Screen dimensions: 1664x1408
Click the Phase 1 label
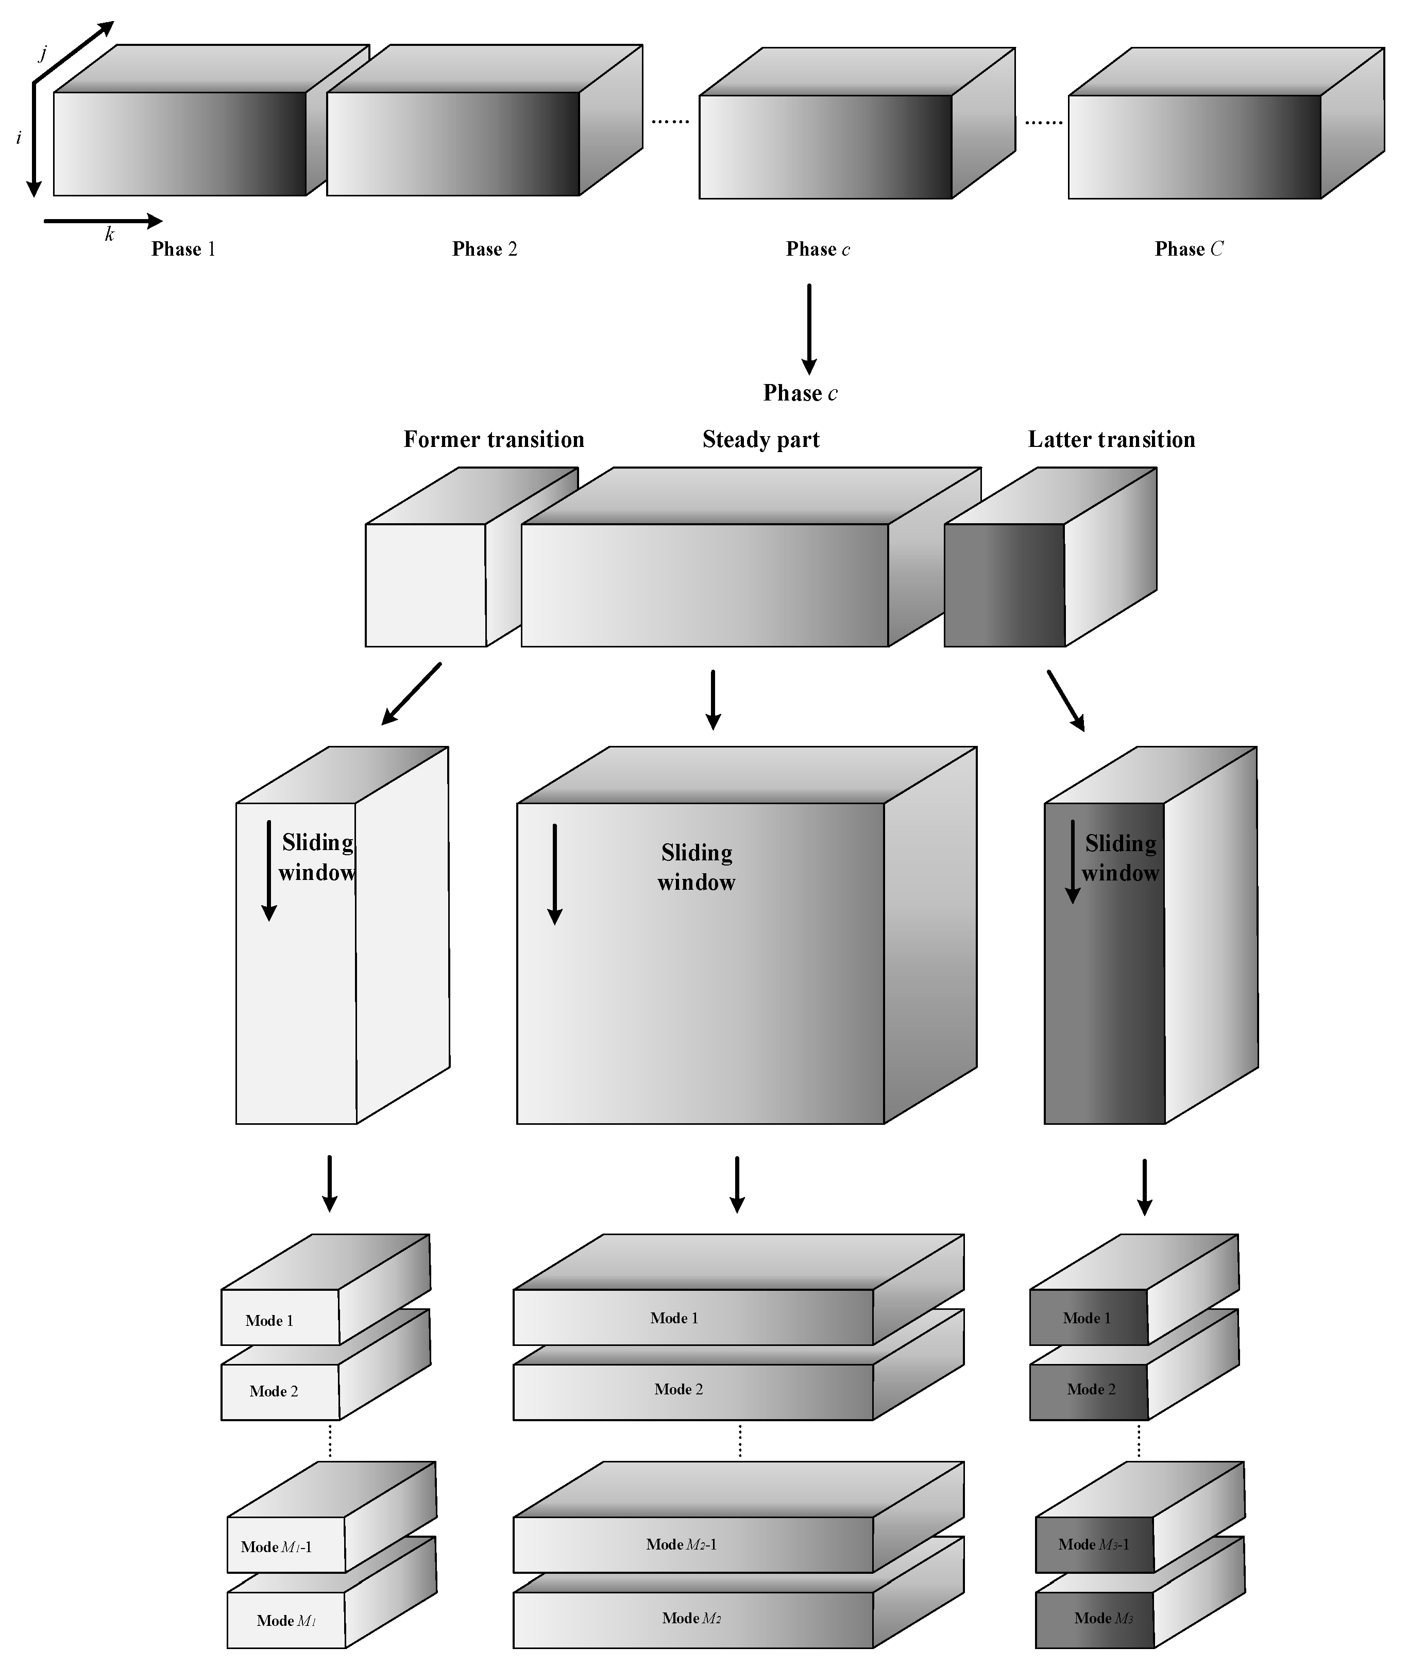[183, 249]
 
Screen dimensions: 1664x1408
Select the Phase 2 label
[484, 249]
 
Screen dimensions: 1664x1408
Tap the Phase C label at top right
[1189, 249]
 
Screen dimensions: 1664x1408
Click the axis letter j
[43, 54]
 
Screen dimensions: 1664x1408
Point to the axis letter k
[109, 235]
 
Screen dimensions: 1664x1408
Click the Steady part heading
[761, 440]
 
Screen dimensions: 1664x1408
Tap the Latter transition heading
[1111, 440]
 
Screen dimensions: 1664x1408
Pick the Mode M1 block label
[286, 1620]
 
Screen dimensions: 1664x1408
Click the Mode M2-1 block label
[681, 1544]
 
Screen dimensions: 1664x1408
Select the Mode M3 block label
[1103, 1618]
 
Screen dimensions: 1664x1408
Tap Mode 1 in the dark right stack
[1087, 1318]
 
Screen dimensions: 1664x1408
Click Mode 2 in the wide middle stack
[678, 1389]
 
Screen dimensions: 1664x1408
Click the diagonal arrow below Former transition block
[411, 694]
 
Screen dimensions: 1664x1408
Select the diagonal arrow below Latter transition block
[1065, 700]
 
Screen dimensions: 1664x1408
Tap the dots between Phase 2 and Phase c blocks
[670, 121]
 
